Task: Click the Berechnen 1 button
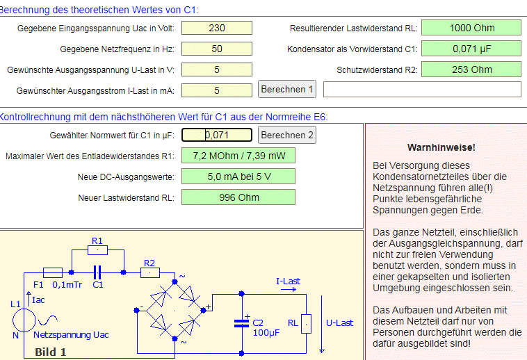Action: tap(287, 89)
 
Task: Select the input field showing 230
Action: tap(216, 28)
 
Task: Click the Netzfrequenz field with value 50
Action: tap(216, 49)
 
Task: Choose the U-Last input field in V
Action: tap(216, 69)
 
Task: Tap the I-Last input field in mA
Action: tap(216, 90)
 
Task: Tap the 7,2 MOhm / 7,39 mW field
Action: tap(238, 156)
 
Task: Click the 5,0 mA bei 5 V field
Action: tap(238, 177)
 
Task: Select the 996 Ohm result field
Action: tap(238, 197)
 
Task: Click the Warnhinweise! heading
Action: tap(441, 147)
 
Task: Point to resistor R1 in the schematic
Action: tap(97, 249)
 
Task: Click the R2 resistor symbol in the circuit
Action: tap(150, 272)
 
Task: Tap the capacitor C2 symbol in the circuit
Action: tap(242, 322)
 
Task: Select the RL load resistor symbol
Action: tap(306, 323)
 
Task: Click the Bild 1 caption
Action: tap(50, 352)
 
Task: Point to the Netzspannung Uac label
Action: tap(72, 335)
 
